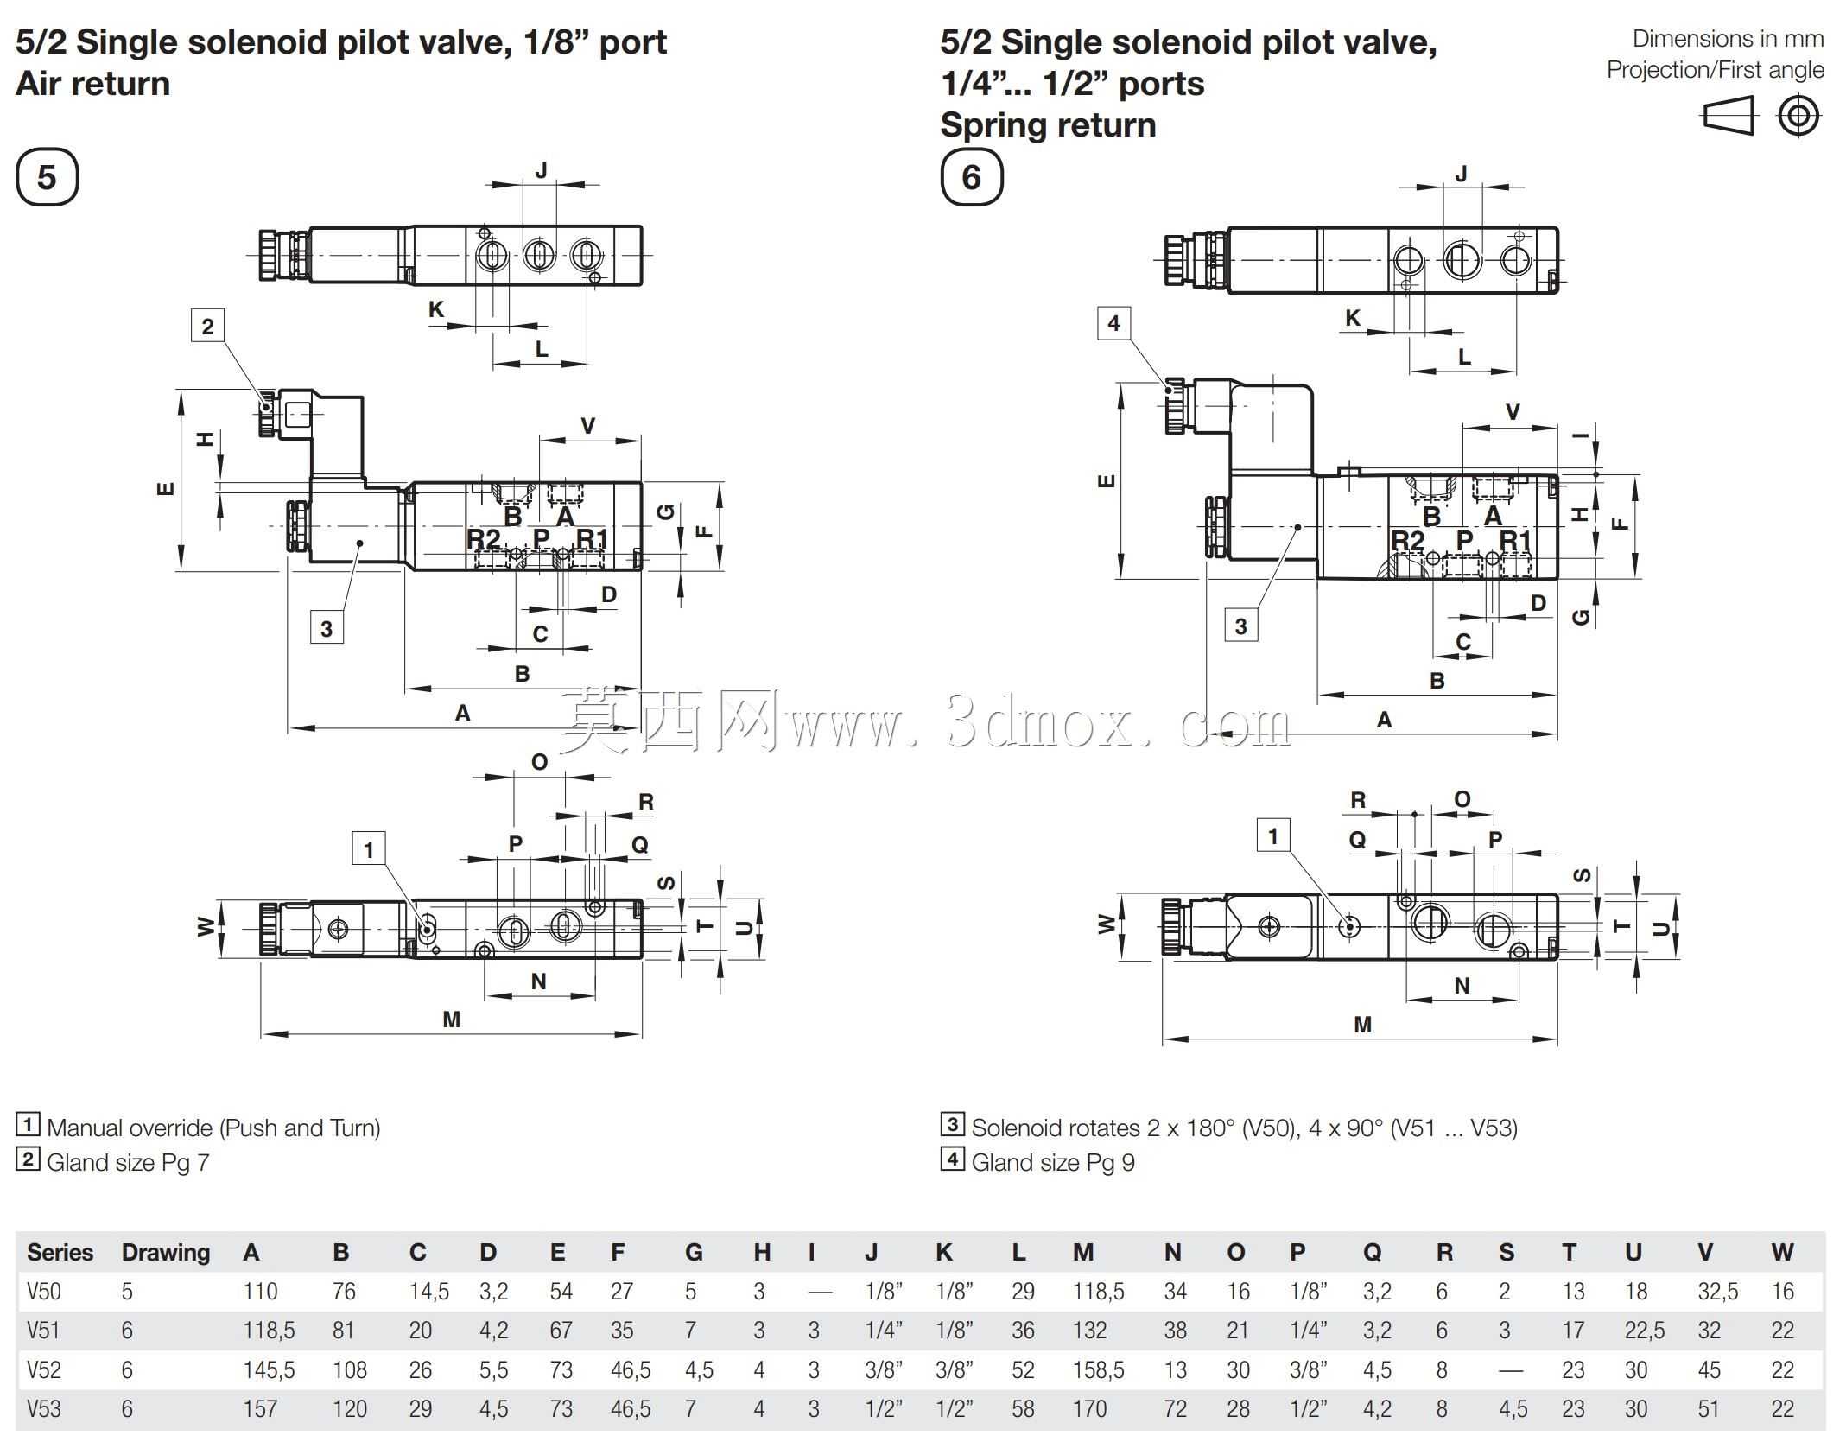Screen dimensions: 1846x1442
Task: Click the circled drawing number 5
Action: click(48, 177)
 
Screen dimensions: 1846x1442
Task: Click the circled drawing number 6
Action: click(972, 177)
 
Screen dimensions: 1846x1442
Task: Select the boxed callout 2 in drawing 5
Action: click(207, 326)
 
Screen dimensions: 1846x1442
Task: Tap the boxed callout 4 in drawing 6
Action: click(1113, 323)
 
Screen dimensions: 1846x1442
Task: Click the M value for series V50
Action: click(1099, 1292)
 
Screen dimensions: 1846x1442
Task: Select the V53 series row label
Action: click(44, 1409)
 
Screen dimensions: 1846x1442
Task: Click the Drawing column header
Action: click(166, 1253)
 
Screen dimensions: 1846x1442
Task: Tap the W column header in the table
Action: click(1782, 1253)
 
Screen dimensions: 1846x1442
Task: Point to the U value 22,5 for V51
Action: click(1645, 1331)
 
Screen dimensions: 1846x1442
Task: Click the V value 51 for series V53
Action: click(1709, 1409)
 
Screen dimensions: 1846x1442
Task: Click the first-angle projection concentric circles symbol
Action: click(1799, 115)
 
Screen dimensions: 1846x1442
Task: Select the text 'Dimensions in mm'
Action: click(1728, 39)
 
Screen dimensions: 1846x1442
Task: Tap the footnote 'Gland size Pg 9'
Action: click(1053, 1163)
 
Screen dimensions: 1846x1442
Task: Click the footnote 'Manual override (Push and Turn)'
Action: click(213, 1128)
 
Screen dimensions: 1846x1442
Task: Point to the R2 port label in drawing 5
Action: click(484, 539)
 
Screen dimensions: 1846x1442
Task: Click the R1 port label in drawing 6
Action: click(1515, 541)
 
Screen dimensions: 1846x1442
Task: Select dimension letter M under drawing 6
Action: click(1362, 1025)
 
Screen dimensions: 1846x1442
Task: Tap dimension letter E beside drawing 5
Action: click(166, 489)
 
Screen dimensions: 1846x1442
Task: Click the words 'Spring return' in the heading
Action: click(1048, 125)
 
